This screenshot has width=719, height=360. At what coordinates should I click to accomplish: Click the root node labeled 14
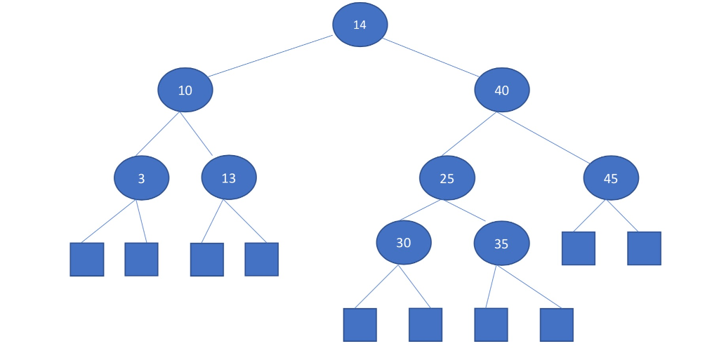click(359, 25)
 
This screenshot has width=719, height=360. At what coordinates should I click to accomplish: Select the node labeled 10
click(185, 90)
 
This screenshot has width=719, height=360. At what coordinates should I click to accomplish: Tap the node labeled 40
click(501, 90)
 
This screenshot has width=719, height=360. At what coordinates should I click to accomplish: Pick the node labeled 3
click(141, 178)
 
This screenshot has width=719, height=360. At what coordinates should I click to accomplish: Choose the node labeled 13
click(229, 178)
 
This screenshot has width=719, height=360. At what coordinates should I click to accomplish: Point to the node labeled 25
click(447, 178)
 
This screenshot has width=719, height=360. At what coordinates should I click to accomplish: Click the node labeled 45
click(611, 178)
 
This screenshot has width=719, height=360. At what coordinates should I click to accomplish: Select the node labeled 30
click(404, 243)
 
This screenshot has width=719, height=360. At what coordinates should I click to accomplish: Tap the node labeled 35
click(501, 244)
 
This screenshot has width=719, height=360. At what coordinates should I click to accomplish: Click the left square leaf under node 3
click(87, 260)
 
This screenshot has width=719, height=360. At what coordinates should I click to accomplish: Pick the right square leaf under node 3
click(141, 259)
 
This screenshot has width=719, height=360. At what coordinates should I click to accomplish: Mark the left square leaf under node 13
click(207, 260)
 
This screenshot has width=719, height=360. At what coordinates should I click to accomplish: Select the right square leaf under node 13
click(261, 259)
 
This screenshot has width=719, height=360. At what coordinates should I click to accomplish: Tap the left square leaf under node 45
click(579, 248)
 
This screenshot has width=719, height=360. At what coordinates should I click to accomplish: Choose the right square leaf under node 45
click(644, 248)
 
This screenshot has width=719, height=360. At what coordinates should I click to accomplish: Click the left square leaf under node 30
click(359, 325)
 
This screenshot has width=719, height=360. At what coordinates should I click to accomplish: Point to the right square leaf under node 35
click(556, 325)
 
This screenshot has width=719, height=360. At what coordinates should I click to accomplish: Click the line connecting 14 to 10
click(270, 56)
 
